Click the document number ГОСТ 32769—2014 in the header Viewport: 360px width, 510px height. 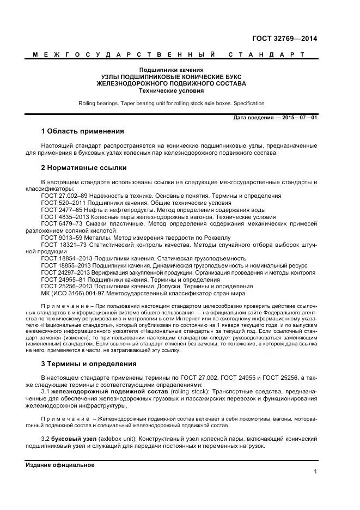coord(285,39)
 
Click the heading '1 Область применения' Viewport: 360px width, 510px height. coord(82,131)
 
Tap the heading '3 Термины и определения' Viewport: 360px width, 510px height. coord(89,363)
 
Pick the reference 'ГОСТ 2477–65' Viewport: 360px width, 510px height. coord(60,209)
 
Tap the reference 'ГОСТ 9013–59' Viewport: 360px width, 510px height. coord(60,237)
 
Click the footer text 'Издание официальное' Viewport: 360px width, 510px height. coord(60,465)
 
